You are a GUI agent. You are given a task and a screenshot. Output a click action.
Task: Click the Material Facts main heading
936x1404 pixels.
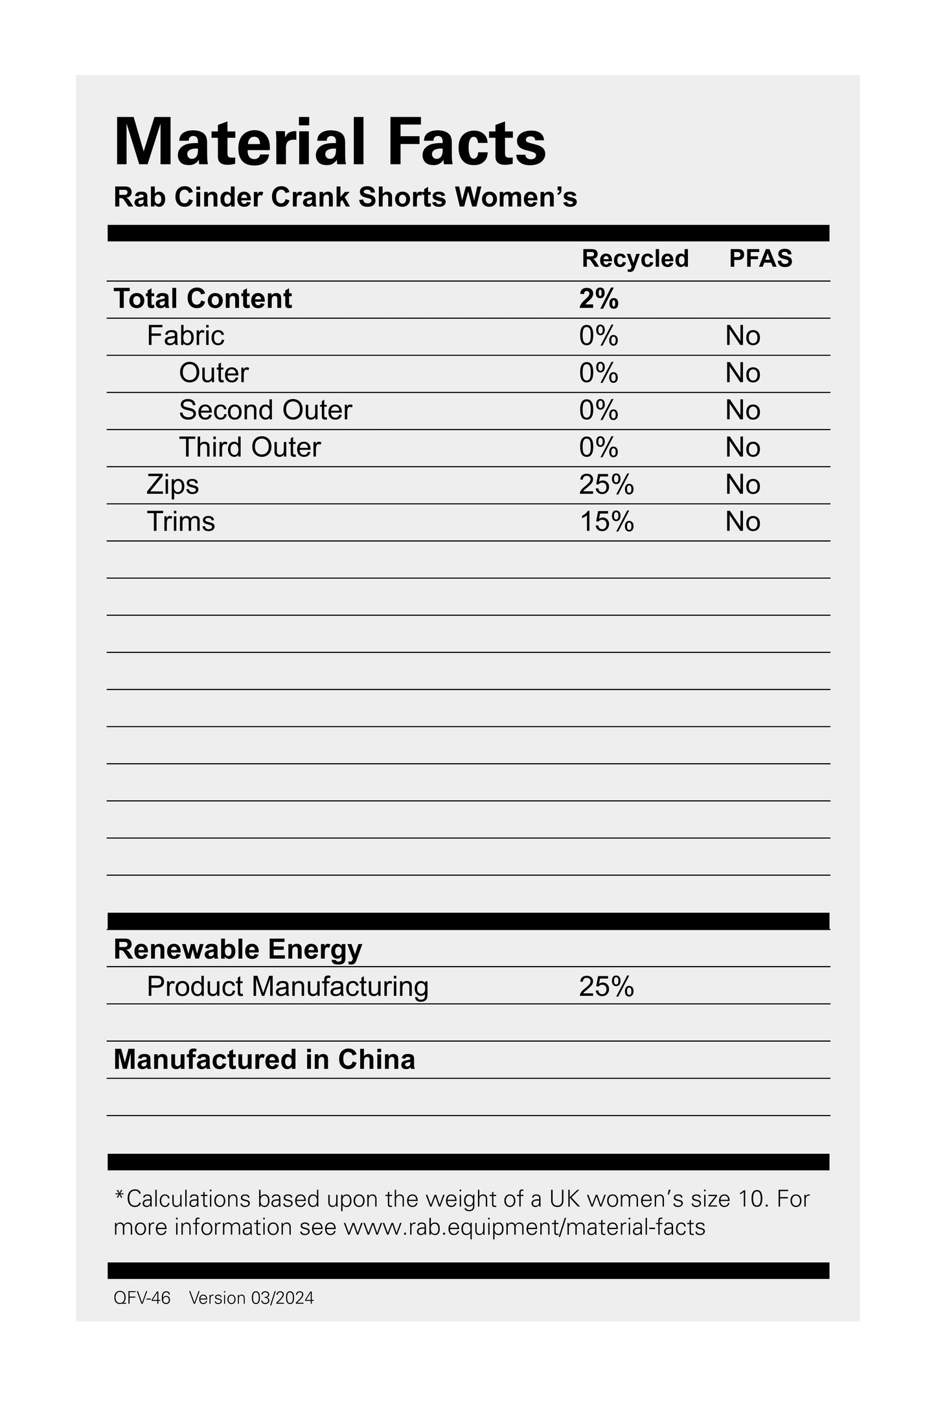[x=330, y=143]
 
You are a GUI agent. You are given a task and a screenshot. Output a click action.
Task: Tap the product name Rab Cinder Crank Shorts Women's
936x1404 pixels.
[x=345, y=198]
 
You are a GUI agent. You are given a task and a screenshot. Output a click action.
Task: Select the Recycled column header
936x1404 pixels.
[x=635, y=259]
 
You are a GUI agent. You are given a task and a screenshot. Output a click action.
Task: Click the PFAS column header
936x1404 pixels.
[x=760, y=259]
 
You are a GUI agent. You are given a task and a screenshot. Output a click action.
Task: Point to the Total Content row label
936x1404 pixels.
[x=203, y=299]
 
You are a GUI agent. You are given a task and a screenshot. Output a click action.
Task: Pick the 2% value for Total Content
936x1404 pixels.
[x=599, y=299]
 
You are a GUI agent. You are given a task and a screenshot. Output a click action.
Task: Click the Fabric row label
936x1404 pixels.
[x=185, y=336]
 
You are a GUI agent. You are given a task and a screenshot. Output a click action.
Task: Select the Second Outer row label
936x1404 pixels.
[x=266, y=410]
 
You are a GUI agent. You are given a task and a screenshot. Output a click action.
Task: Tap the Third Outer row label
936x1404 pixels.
[x=249, y=447]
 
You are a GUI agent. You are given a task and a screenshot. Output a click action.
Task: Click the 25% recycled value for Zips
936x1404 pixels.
[x=606, y=485]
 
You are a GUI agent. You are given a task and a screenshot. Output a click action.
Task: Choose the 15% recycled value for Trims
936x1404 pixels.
[x=606, y=522]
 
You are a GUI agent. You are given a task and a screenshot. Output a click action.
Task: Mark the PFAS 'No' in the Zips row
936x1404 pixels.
[x=742, y=485]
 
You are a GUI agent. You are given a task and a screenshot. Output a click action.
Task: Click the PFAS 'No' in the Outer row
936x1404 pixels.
[x=742, y=373]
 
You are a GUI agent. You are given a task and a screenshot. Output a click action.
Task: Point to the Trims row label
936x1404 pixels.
[x=181, y=522]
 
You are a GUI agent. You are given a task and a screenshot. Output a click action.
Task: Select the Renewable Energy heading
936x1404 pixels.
[x=238, y=949]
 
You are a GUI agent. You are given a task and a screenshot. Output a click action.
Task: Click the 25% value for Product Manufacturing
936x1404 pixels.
[x=606, y=987]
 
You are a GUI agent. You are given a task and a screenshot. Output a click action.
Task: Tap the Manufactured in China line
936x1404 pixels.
[x=264, y=1059]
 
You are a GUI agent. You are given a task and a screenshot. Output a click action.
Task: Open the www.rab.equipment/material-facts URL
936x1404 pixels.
[x=523, y=1227]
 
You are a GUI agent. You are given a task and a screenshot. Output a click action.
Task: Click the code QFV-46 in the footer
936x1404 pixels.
[x=142, y=1298]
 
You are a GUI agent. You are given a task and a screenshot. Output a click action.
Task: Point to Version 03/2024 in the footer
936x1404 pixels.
[x=251, y=1298]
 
